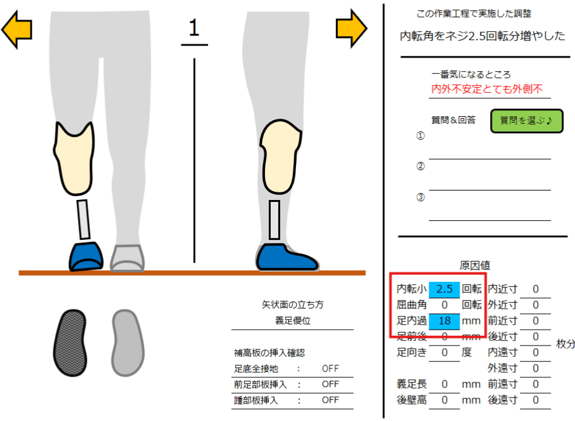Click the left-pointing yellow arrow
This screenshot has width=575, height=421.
pos(16,29)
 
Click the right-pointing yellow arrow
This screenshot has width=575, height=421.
pos(351,27)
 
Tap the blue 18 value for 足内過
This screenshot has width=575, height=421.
pos(444,321)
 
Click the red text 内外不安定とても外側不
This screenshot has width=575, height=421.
pos(487,90)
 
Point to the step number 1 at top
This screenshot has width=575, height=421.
pos(194,28)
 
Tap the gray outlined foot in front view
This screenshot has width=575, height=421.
pos(127,257)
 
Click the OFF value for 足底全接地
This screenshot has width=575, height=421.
pos(330,369)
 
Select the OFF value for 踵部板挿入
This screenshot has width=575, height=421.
pos(330,400)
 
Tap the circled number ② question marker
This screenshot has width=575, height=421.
pos(420,166)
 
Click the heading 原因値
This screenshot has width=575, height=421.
pos(474,265)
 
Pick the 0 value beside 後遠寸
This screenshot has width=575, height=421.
pos(536,400)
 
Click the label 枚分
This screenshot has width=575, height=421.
pos(565,344)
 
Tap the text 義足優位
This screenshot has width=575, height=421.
pos(292,321)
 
